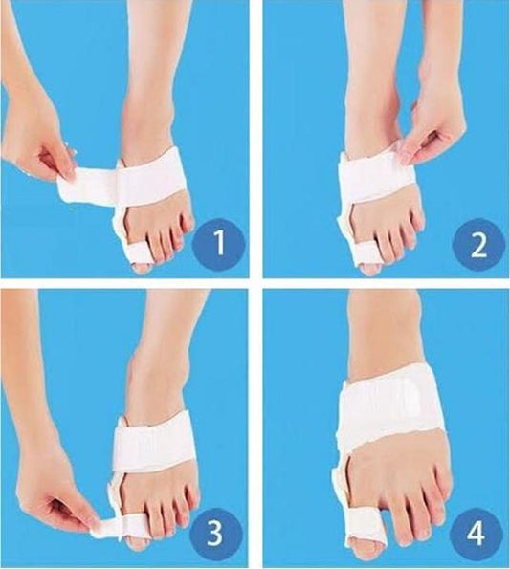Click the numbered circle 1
coord(219,243)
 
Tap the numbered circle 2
coord(478,244)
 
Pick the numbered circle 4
coord(476,534)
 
